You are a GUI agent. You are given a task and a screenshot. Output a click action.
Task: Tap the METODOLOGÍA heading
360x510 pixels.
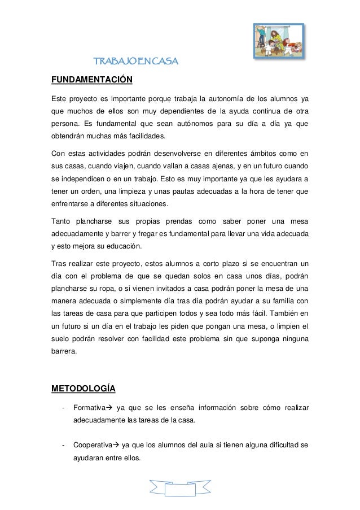(x=84, y=388)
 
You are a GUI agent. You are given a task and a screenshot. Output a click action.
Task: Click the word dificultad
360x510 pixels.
(x=279, y=444)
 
